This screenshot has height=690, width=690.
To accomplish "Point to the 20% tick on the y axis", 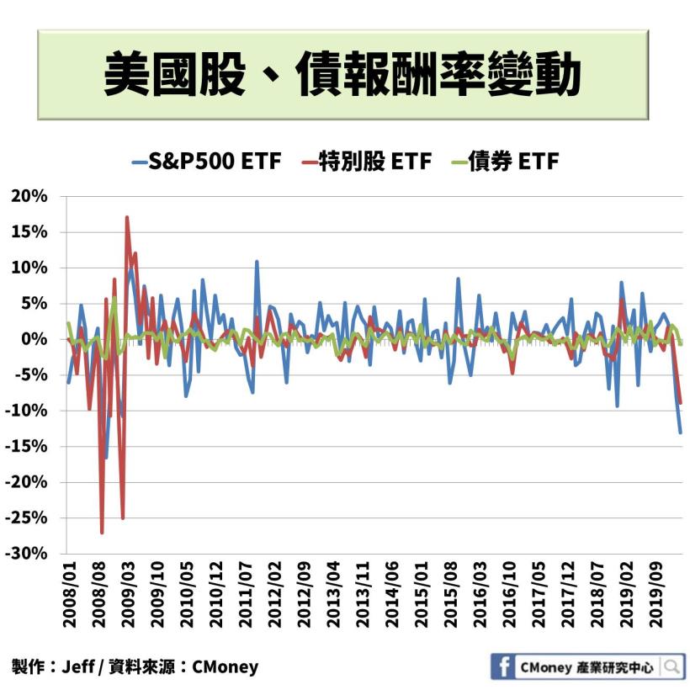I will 29,196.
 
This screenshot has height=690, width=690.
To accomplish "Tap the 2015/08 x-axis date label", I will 451,598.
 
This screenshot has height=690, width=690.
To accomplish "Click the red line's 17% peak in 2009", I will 127,217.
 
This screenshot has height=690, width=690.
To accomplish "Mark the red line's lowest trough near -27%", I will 102,533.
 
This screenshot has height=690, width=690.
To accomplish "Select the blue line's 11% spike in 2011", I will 257,262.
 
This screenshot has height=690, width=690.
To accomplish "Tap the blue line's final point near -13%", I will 681,433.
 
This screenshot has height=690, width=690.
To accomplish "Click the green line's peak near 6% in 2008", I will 114,298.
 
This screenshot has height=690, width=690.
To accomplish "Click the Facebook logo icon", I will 503,667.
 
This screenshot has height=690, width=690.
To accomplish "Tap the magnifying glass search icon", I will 672,667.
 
